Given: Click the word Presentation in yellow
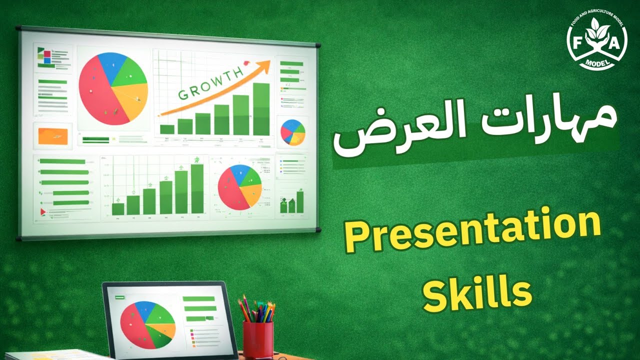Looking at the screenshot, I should click(472, 233).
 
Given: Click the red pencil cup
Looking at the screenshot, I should click(258, 339).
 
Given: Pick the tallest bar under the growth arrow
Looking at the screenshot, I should click(261, 109).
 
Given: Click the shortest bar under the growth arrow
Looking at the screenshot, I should click(167, 129).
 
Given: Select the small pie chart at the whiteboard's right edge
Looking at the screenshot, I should click(292, 132).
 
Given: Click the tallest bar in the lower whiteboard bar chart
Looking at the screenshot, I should click(197, 189).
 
